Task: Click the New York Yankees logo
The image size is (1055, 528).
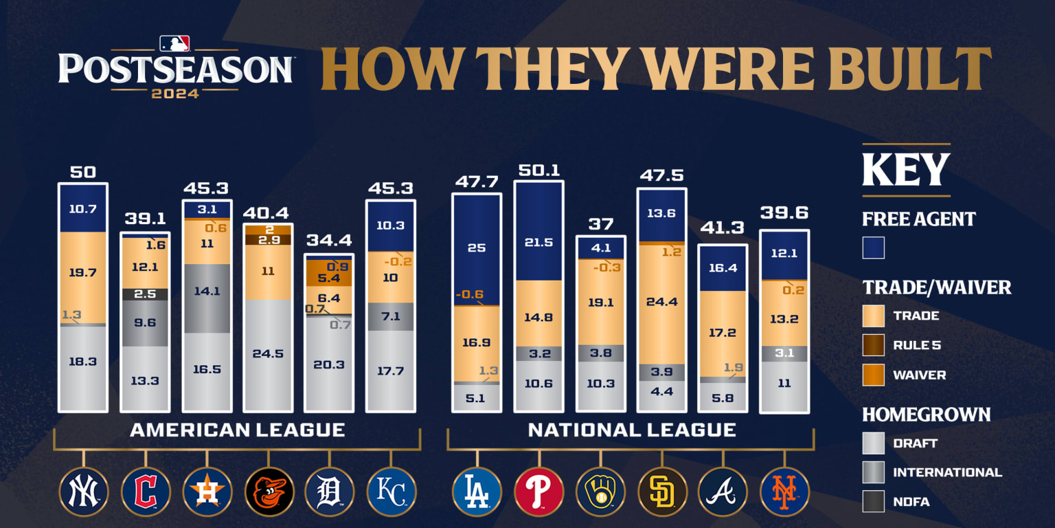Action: pos(84,492)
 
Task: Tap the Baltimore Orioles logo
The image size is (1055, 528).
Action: pos(269,492)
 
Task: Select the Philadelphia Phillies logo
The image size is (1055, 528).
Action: pos(538,492)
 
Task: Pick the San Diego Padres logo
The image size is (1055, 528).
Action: pos(662,492)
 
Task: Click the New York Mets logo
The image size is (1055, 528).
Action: pos(784,492)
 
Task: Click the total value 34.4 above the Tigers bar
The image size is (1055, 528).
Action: pos(329,241)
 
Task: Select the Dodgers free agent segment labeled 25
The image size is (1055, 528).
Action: pos(477,247)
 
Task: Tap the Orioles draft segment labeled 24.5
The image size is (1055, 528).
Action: pos(268,354)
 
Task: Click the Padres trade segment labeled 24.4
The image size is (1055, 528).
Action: pos(661,301)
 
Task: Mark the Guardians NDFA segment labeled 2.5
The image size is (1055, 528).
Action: pos(144,294)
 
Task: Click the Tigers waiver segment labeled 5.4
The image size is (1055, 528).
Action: pos(329,278)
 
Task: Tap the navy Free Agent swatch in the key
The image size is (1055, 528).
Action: pos(874,247)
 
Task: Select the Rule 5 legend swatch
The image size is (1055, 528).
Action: pos(874,345)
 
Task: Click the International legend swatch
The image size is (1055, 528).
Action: pos(874,472)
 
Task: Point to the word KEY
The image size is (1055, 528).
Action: pos(905,169)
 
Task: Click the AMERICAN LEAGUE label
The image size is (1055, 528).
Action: pos(237,430)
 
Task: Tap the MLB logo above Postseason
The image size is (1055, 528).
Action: pos(174,43)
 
